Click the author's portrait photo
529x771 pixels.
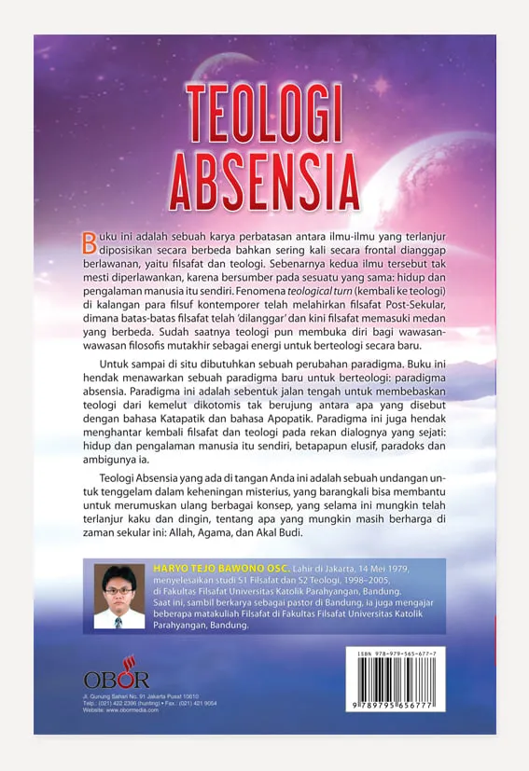119,596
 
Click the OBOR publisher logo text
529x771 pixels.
116,680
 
